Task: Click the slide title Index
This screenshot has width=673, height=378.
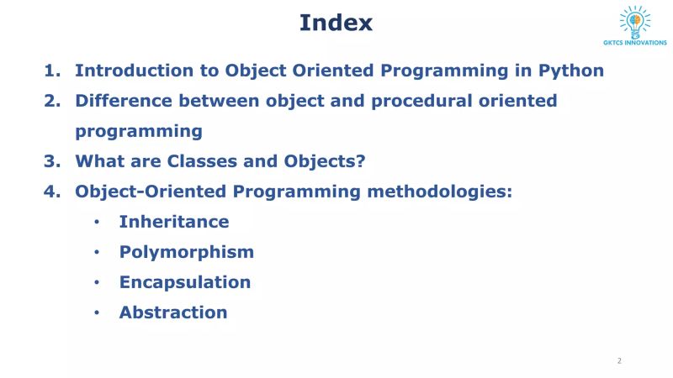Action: [336, 23]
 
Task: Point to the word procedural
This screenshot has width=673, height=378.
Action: [408, 101]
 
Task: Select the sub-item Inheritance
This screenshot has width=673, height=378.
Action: [173, 222]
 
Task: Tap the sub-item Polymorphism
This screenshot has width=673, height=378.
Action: [186, 252]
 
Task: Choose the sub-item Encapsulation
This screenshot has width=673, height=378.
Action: [184, 282]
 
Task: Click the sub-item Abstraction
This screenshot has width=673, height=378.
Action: [172, 312]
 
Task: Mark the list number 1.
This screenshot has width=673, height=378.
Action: [52, 71]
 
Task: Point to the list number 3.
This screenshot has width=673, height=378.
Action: [52, 161]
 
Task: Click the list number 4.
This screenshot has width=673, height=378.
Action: [52, 192]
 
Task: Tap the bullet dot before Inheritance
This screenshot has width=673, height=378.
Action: [98, 223]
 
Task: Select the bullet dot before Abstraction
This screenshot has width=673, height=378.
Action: [98, 313]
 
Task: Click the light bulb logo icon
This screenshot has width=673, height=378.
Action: [635, 21]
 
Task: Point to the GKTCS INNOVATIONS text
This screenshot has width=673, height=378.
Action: [635, 44]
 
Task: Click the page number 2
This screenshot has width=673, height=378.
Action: [619, 360]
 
